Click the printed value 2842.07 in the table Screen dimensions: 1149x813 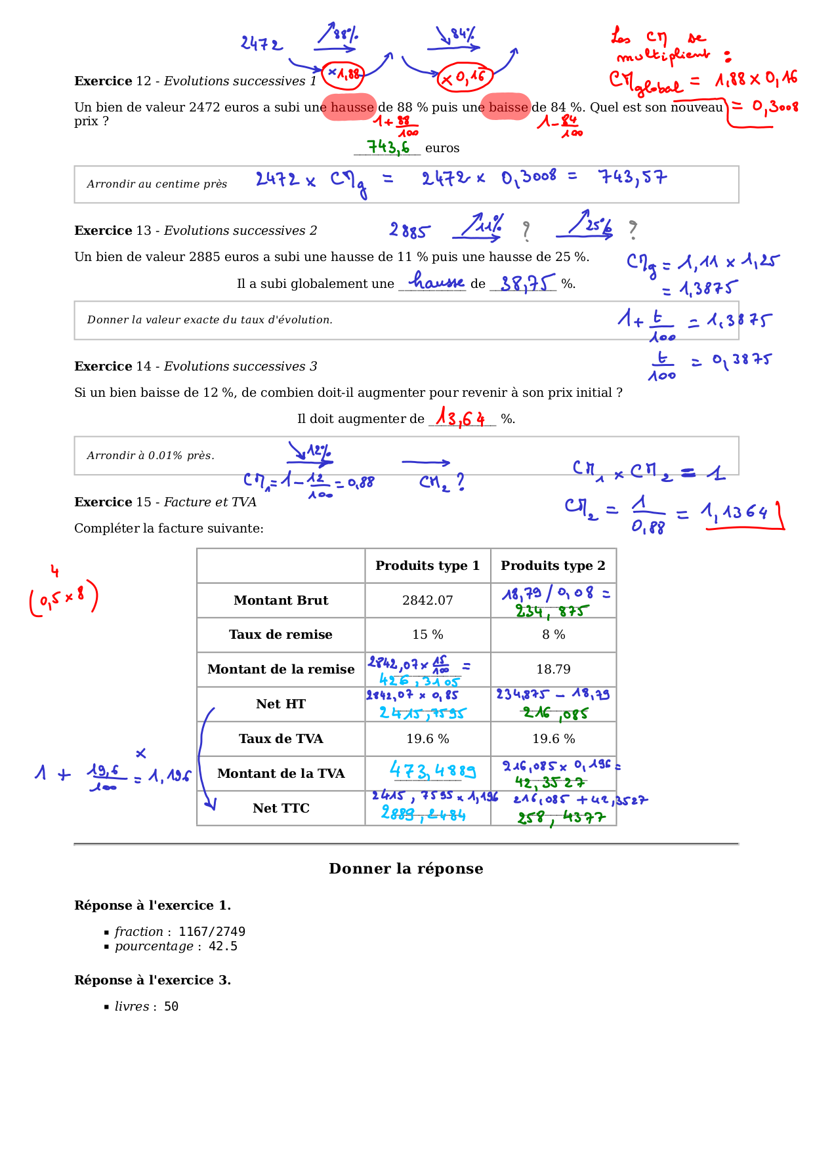[427, 600]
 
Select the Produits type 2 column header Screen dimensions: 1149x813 [553, 565]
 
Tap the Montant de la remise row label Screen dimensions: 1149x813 [281, 669]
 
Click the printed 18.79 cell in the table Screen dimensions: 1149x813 [553, 669]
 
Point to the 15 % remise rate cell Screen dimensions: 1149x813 [427, 634]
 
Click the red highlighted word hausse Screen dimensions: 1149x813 [352, 107]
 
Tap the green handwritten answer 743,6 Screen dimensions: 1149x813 [388, 147]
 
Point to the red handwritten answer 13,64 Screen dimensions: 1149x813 [461, 417]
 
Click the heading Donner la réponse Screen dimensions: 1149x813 [406, 868]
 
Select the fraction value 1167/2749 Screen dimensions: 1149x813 [212, 931]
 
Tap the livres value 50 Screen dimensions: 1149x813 [171, 1006]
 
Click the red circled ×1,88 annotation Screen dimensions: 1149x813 [343, 74]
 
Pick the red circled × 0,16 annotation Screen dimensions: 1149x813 [465, 78]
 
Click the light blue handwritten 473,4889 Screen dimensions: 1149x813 [432, 770]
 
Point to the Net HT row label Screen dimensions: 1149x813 [281, 704]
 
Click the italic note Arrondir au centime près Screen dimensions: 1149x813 [157, 184]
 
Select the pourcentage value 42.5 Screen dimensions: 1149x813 [223, 946]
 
